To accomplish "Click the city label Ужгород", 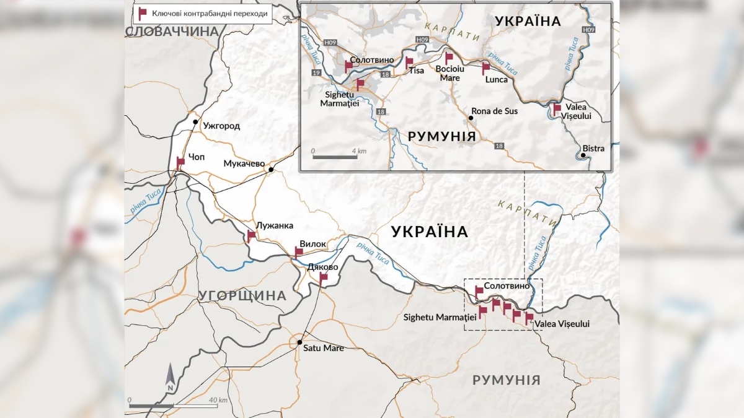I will point(221,126).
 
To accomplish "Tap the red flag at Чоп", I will point(180,162).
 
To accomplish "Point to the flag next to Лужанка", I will point(251,235).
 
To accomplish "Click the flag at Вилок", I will point(299,251).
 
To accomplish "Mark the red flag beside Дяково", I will point(323,277).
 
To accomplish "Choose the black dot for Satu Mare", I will point(299,342).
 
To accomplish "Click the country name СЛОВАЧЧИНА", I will point(168,32).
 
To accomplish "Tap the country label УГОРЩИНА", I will point(242,296).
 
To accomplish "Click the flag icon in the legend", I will point(142,12).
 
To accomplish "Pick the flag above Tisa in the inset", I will point(409,62).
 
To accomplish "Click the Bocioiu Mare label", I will point(450,74).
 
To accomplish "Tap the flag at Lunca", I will point(486,67).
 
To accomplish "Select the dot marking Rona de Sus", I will point(471,118).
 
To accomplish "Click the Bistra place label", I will point(593,149).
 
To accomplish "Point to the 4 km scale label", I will point(359,150).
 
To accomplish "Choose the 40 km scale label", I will point(218,400).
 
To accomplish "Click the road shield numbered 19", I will point(316,73).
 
